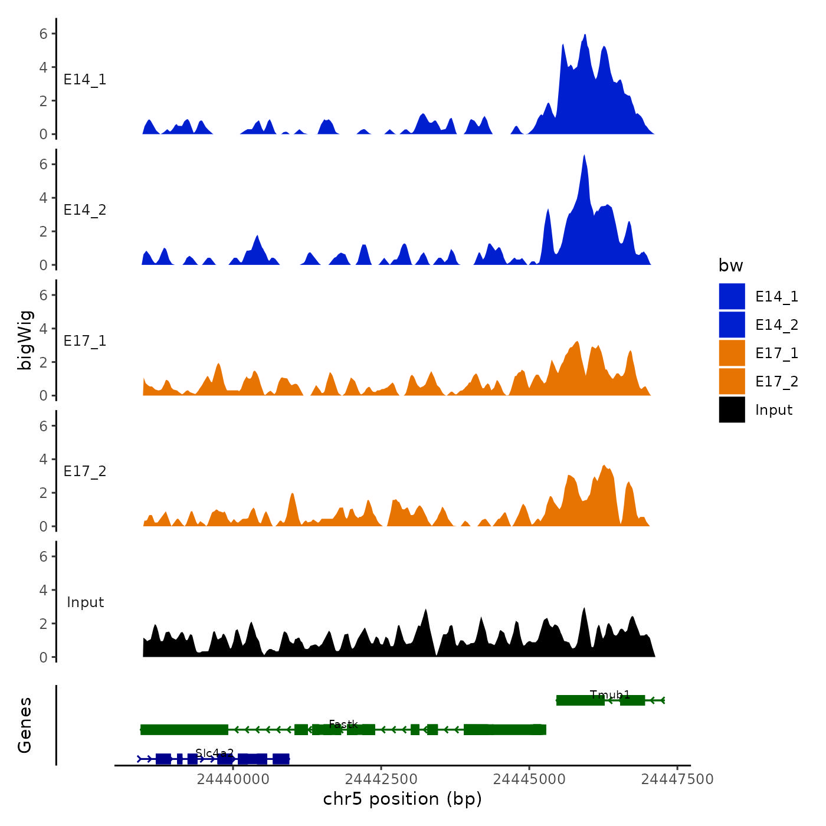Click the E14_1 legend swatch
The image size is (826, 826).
point(732,296)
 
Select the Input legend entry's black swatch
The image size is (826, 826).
point(732,409)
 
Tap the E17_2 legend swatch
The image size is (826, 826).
point(732,381)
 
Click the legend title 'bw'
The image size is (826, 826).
point(730,266)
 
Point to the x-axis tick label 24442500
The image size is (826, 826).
point(381,779)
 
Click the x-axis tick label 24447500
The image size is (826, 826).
point(677,779)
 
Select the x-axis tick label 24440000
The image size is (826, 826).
point(233,779)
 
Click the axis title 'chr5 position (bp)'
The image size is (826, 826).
point(402,799)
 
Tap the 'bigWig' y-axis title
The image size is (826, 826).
point(25,340)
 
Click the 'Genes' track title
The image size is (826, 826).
point(25,725)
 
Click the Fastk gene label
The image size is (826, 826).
point(343,724)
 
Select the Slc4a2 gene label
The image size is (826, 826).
point(215,753)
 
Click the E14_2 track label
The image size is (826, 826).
point(85,210)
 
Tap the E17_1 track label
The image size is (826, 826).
point(85,341)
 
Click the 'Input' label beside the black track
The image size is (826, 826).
point(85,602)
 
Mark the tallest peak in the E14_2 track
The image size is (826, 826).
point(584,156)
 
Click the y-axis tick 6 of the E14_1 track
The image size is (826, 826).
point(44,34)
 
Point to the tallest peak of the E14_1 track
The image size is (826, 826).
point(585,35)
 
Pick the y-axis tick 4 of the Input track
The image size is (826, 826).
point(44,590)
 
